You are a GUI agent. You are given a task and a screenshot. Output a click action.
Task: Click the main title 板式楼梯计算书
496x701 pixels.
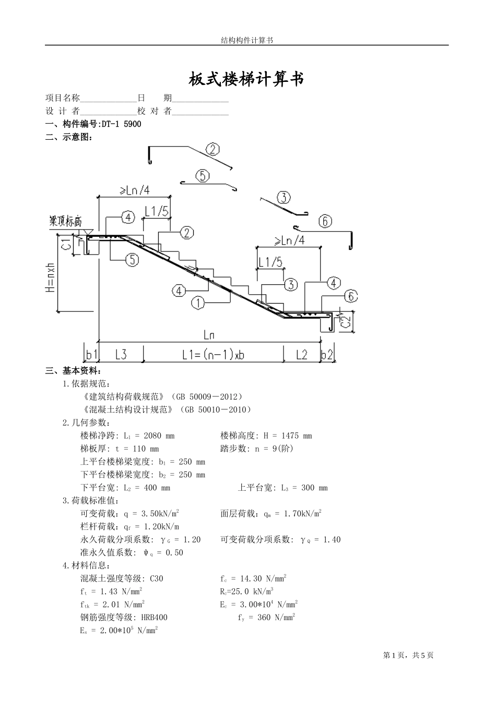tap(246, 79)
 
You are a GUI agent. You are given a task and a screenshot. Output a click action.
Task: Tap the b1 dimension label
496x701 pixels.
tap(91, 355)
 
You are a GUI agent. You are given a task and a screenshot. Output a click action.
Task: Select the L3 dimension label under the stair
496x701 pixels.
tap(121, 355)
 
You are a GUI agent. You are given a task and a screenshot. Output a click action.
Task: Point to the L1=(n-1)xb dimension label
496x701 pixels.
tap(213, 355)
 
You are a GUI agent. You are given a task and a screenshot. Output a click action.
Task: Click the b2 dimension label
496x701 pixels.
tap(327, 355)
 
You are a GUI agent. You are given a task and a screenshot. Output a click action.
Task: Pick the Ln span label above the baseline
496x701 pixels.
tap(209, 335)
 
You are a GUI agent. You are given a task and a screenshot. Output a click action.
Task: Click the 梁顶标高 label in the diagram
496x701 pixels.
tap(65, 221)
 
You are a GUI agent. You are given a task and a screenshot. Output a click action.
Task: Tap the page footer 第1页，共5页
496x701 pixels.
tap(408, 656)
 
